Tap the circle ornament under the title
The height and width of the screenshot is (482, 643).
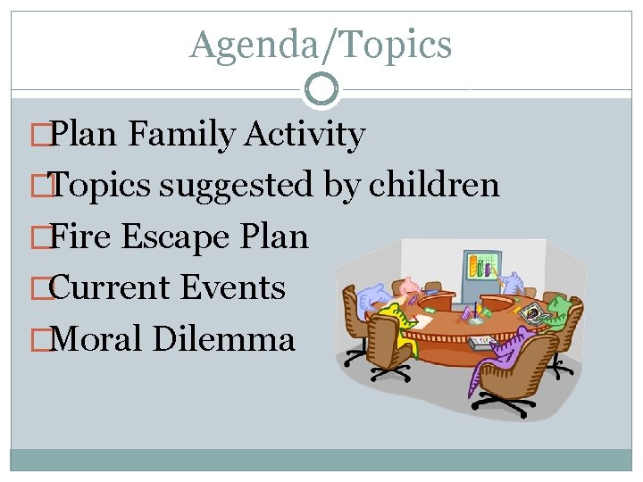[x=321, y=88]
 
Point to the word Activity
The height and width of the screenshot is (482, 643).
[x=305, y=135]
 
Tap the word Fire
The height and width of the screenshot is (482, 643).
[x=82, y=237]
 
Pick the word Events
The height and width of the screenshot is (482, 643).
[x=232, y=287]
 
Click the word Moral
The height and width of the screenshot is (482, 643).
[x=97, y=339]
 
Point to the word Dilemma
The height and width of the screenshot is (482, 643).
[x=223, y=339]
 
